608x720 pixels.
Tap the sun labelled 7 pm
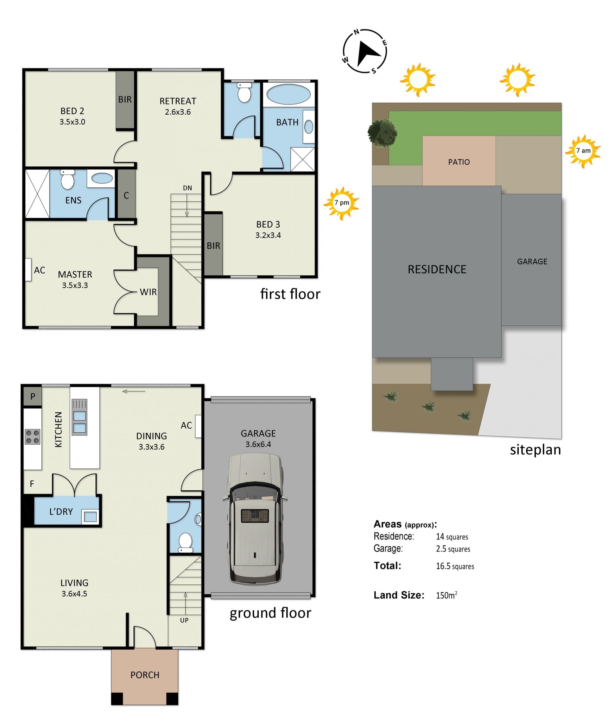pyautogui.click(x=342, y=203)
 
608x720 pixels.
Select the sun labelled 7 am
pyautogui.click(x=583, y=151)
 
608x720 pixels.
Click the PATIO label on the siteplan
pyautogui.click(x=459, y=162)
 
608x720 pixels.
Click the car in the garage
pyautogui.click(x=255, y=519)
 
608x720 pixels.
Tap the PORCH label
pyautogui.click(x=145, y=675)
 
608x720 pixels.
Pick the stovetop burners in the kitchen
pyautogui.click(x=33, y=436)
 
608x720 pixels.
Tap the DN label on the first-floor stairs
pyautogui.click(x=187, y=188)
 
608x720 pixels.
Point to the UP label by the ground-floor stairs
pyautogui.click(x=184, y=620)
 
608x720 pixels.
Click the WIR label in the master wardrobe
pyautogui.click(x=148, y=292)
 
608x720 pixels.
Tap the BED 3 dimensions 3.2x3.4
pyautogui.click(x=268, y=235)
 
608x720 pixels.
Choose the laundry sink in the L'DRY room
pyautogui.click(x=90, y=517)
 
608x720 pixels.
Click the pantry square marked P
pyautogui.click(x=33, y=397)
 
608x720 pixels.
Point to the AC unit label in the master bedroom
pyautogui.click(x=39, y=270)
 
